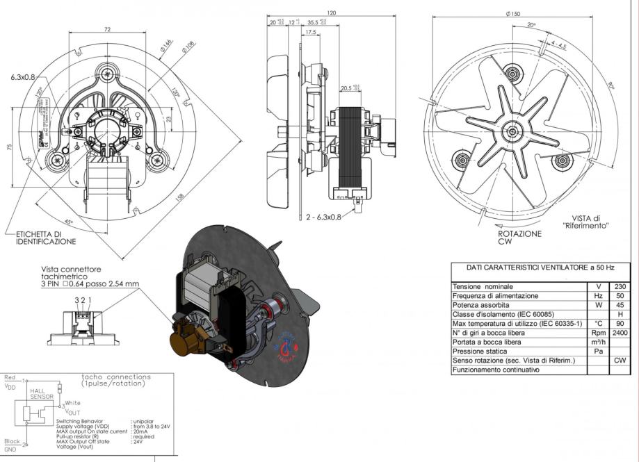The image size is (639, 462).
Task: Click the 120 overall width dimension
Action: coord(331,13)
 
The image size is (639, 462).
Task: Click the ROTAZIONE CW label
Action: coord(519,238)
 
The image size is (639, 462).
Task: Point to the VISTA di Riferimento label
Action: coord(585,222)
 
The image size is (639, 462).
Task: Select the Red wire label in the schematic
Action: coord(10,378)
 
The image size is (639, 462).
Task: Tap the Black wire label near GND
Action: coord(11,440)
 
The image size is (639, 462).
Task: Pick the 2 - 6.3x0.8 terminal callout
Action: coord(323,217)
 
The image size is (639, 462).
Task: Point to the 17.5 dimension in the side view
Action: coord(310,32)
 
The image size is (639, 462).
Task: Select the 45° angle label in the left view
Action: coord(68,203)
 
